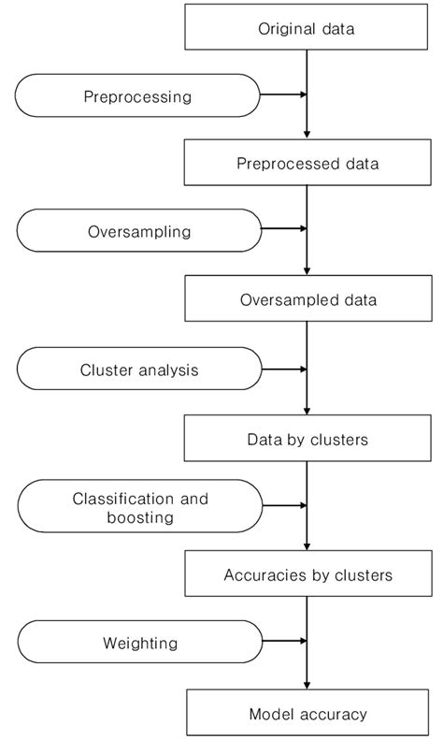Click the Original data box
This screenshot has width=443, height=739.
click(x=307, y=28)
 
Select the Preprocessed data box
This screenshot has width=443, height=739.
click(x=307, y=164)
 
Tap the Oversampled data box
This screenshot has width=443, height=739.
click(x=307, y=300)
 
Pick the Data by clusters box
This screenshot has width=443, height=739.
click(x=307, y=438)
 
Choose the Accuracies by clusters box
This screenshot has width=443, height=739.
click(x=307, y=574)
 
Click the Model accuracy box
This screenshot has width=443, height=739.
click(x=307, y=713)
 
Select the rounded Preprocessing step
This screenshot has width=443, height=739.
click(x=138, y=95)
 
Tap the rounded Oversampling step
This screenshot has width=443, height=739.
click(x=138, y=230)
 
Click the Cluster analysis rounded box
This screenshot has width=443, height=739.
click(x=138, y=369)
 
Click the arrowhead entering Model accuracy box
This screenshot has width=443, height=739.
click(x=307, y=686)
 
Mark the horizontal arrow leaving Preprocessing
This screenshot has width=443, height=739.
click(x=282, y=94)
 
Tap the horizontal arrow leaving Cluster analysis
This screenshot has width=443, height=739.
click(x=282, y=369)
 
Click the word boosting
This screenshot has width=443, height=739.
click(x=140, y=516)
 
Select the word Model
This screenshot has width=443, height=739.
click(x=269, y=714)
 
